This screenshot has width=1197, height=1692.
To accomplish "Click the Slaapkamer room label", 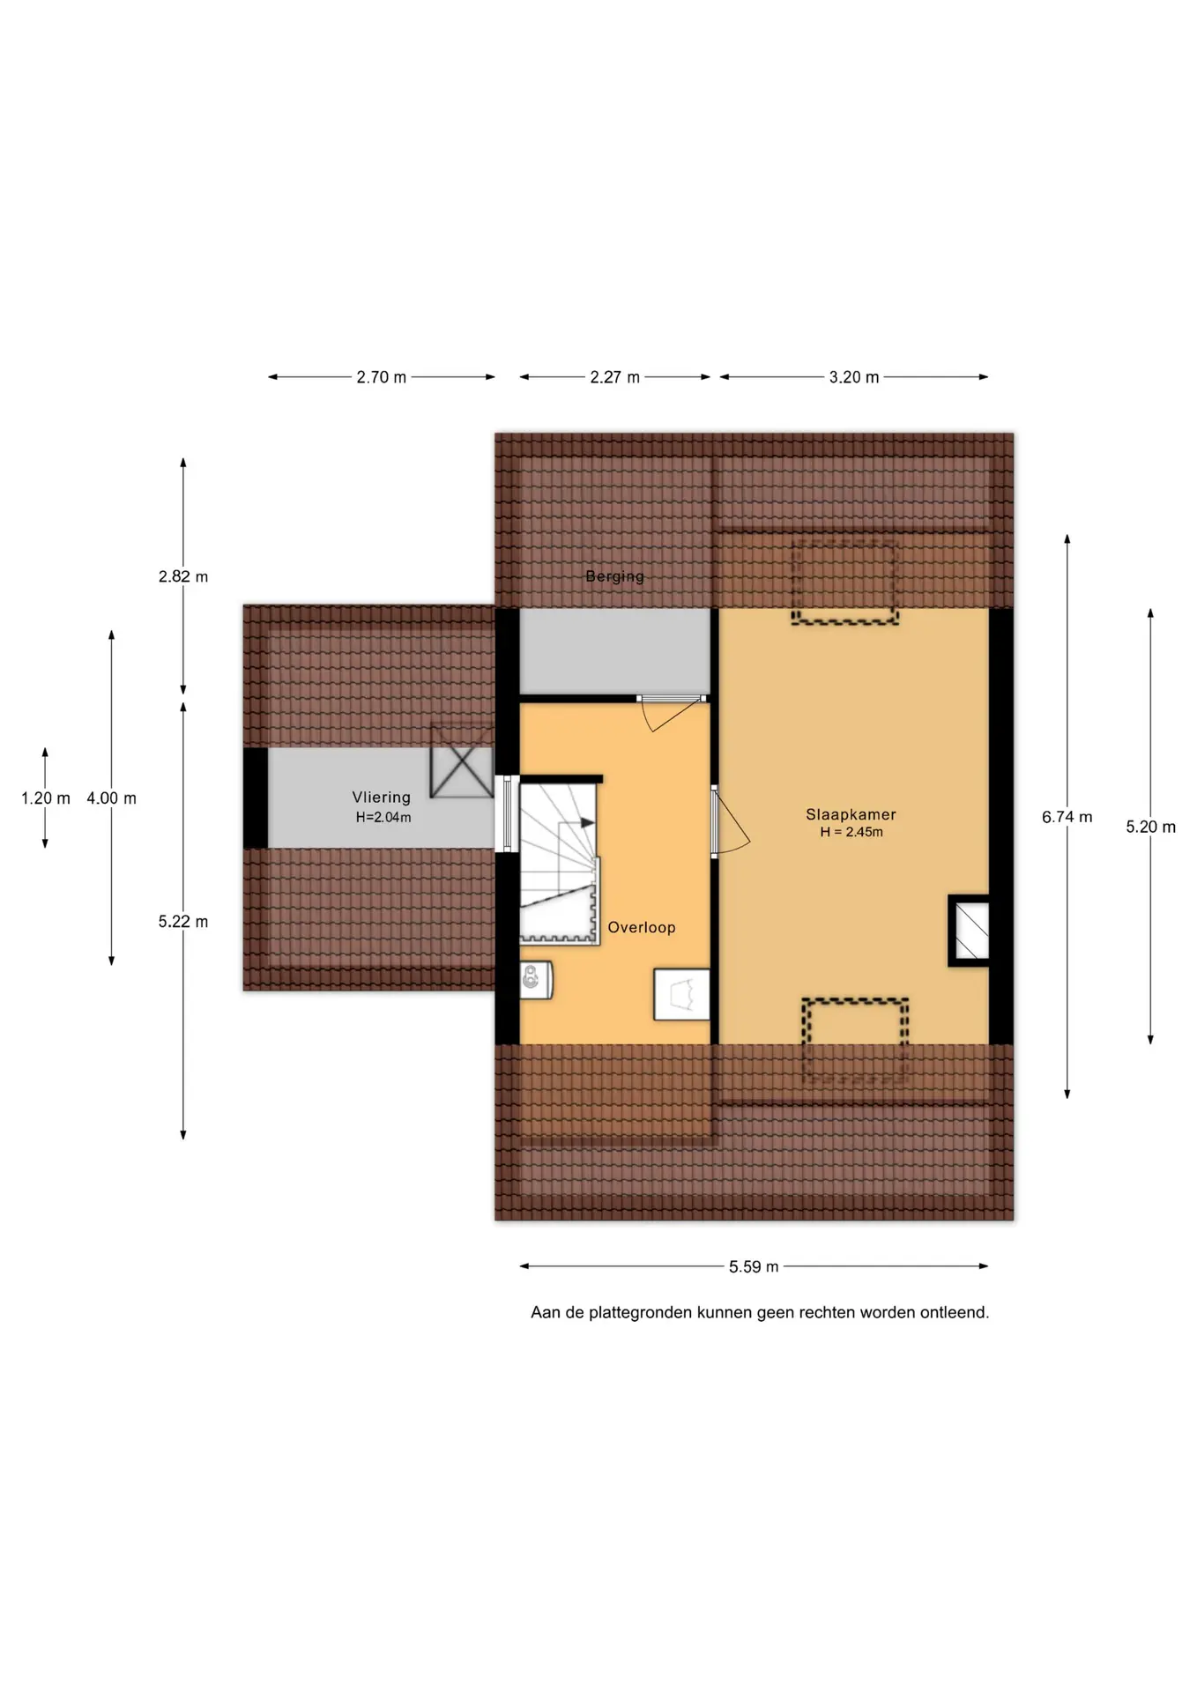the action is click(x=851, y=814).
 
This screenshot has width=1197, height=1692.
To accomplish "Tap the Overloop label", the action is click(x=642, y=927).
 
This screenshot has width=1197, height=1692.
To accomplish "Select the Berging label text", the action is click(x=614, y=576).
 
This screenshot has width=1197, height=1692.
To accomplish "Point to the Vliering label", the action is click(x=382, y=798).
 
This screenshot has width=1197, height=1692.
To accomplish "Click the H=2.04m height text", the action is click(x=383, y=817).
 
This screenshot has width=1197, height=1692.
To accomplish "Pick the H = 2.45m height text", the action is click(x=851, y=832).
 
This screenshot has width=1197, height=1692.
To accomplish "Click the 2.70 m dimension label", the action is click(x=382, y=377).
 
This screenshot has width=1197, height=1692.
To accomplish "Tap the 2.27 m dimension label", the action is click(x=614, y=377).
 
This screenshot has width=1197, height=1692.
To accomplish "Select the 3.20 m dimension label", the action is click(x=854, y=377).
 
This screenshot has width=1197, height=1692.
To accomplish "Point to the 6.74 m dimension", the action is click(x=1067, y=817).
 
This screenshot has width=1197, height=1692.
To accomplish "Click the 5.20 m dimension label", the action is click(x=1150, y=827).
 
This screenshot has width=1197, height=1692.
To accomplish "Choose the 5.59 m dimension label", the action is click(x=754, y=1266).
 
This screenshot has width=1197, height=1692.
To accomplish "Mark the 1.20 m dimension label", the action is click(x=46, y=798).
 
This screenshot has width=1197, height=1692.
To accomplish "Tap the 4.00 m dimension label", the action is click(x=111, y=798).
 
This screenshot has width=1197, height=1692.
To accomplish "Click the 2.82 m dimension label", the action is click(x=183, y=576).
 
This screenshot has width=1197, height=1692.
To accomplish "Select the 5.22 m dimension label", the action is click(x=183, y=922).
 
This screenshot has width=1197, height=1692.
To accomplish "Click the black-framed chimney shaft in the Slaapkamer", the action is click(x=969, y=931).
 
